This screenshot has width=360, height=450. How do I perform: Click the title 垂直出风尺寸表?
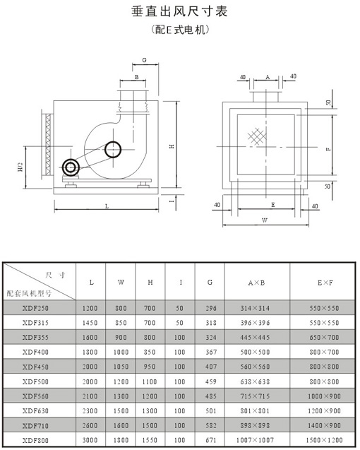(179, 11)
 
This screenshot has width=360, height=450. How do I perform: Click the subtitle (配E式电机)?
(179, 29)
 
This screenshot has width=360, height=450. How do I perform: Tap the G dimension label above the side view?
(144, 60)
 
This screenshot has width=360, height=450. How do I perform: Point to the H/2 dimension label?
(20, 167)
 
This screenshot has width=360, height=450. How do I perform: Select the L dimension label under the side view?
(107, 206)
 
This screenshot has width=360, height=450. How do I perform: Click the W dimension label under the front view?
(265, 220)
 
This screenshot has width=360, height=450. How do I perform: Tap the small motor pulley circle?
(71, 167)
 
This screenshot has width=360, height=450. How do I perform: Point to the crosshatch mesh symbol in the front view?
(257, 136)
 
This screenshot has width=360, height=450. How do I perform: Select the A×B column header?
(257, 283)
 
